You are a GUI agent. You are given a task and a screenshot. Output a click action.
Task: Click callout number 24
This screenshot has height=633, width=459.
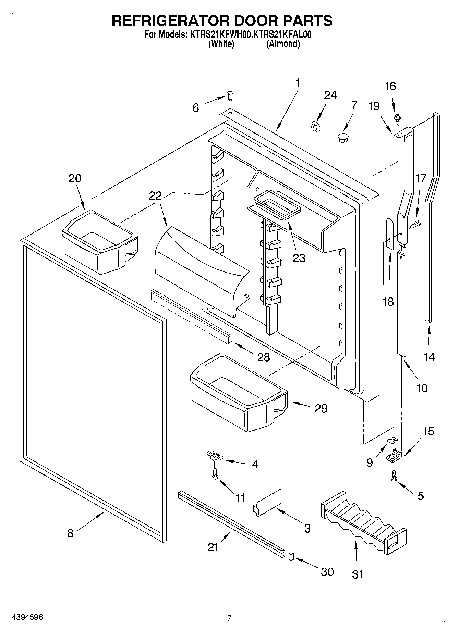click(330, 95)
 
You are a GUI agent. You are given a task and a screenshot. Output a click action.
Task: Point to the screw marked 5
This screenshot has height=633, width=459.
click(394, 476)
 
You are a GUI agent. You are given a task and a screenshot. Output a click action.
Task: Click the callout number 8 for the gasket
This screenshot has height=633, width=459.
click(70, 533)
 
